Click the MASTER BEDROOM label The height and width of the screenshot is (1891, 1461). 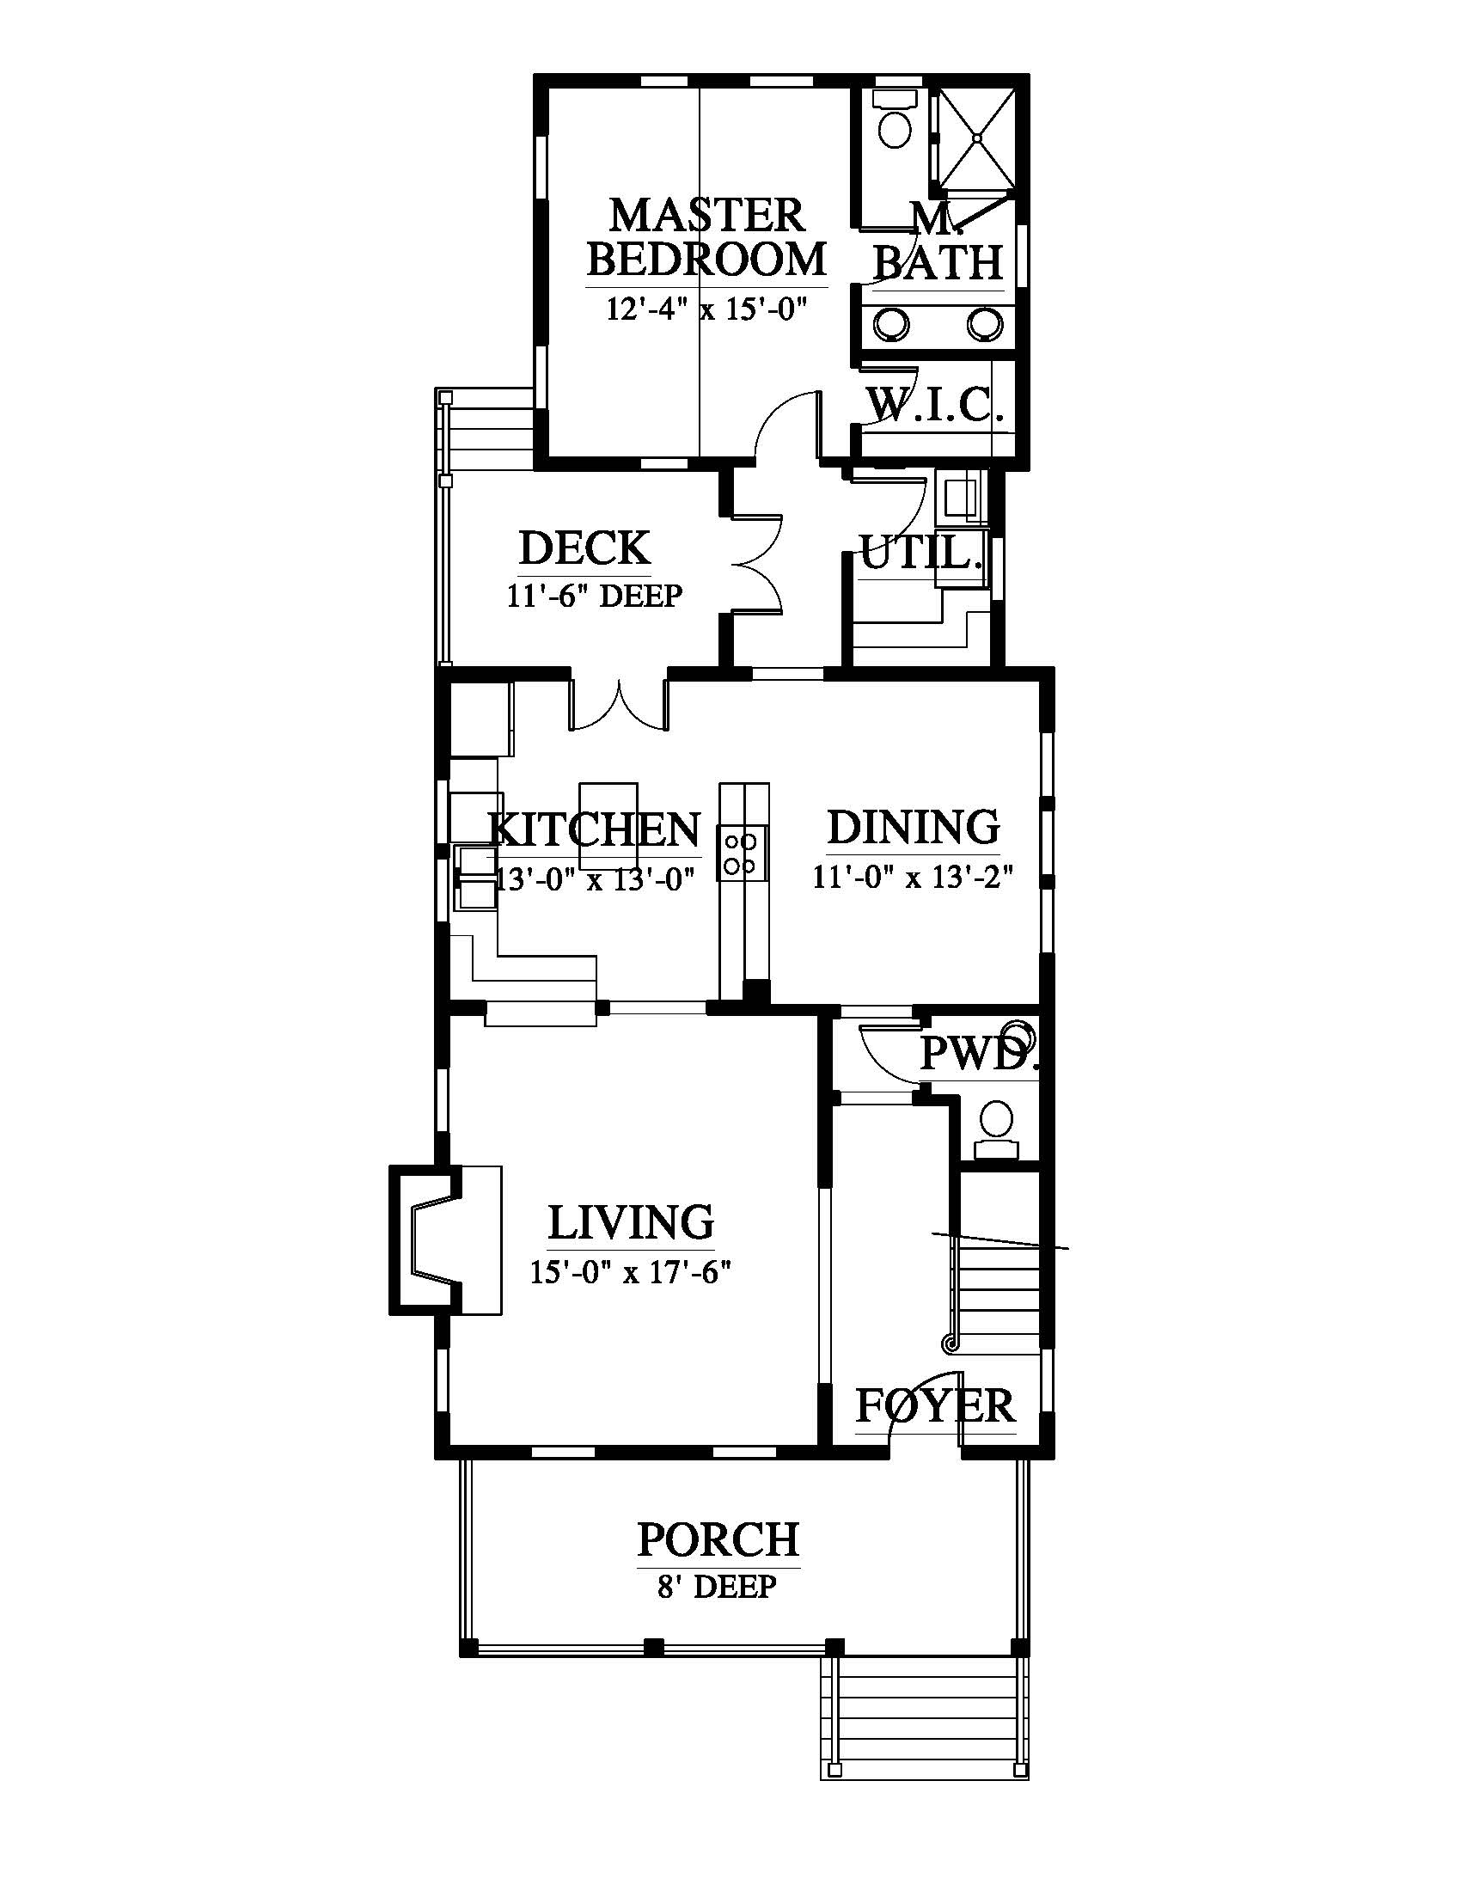pyautogui.click(x=706, y=237)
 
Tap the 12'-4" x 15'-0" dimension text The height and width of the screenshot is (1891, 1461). pyautogui.click(x=706, y=309)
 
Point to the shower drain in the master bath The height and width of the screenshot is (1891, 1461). pyautogui.click(x=977, y=137)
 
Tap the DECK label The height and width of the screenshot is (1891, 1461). pyautogui.click(x=585, y=548)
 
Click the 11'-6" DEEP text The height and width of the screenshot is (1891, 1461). pyautogui.click(x=595, y=596)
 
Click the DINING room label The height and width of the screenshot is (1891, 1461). pyautogui.click(x=913, y=827)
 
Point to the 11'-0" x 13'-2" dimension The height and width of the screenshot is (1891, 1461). pyautogui.click(x=912, y=877)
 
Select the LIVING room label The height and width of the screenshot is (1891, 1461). pyautogui.click(x=631, y=1221)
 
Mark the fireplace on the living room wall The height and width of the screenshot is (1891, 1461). pyautogui.click(x=445, y=1239)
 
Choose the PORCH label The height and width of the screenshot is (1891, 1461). pyautogui.click(x=718, y=1539)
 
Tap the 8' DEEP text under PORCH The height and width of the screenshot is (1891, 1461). pyautogui.click(x=717, y=1587)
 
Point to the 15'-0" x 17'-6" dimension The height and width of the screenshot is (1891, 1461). pyautogui.click(x=631, y=1272)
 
